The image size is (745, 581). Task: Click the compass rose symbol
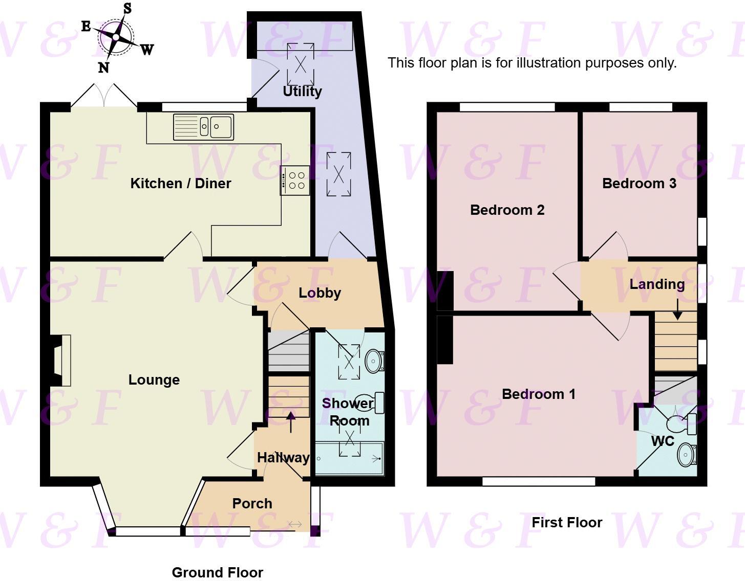pos(117,37)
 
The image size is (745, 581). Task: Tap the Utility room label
pos(302,92)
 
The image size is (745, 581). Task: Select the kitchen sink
pos(203,126)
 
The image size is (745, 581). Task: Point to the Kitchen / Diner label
pos(180,183)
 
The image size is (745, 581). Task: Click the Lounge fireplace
pos(61,360)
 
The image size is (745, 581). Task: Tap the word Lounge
pos(154,379)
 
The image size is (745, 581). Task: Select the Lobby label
pos(320,293)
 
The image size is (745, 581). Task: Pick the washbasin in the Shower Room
pos(375,361)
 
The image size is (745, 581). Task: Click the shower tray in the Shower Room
pos(349,458)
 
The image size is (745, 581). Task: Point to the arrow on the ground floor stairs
pos(291,422)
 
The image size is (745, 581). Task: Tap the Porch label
pos(252,503)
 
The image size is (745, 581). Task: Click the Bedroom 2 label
pos(507,210)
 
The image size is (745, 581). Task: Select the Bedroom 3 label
pos(639,183)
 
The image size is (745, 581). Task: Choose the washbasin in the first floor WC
pos(686,454)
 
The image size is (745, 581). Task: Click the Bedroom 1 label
pos(538,394)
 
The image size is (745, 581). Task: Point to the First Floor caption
pos(566,522)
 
